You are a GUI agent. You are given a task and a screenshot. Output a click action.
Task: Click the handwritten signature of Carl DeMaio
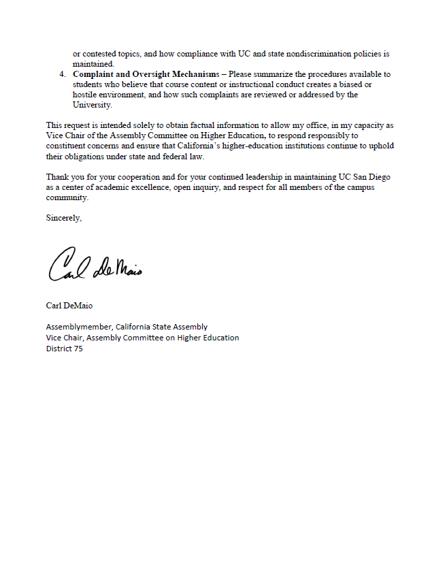point(95,266)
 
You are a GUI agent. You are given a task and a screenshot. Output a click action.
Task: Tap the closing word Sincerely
point(64,218)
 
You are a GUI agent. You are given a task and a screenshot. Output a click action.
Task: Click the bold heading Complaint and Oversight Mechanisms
point(146,74)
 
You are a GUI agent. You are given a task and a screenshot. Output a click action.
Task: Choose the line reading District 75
point(64,349)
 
